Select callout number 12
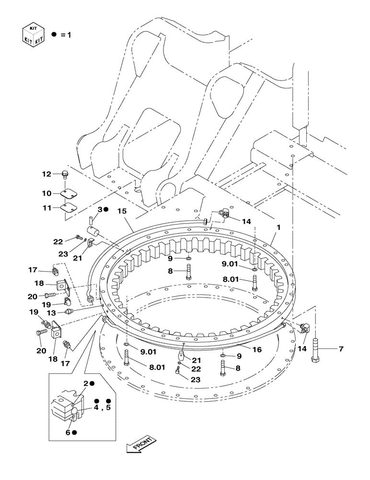46,174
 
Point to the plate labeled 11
69,208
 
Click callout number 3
100,210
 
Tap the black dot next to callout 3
107,210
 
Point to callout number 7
341,349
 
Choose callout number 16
257,350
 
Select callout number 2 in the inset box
86,384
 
